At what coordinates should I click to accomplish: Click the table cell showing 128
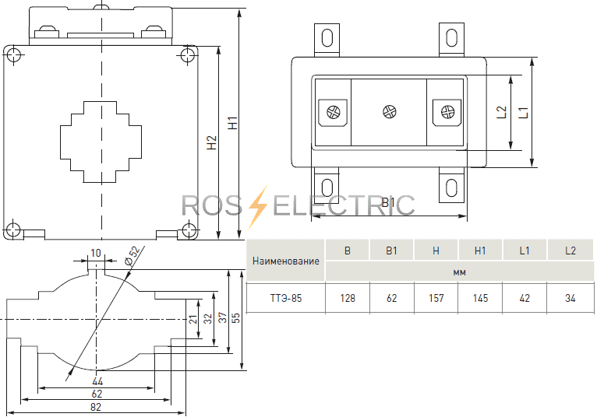click(x=348, y=298)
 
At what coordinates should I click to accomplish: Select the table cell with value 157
click(x=436, y=298)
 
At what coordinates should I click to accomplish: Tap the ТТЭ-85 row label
click(x=286, y=298)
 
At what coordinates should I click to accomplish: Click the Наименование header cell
click(x=286, y=261)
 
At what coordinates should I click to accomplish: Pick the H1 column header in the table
click(x=480, y=251)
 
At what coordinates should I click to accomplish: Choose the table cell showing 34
click(x=571, y=298)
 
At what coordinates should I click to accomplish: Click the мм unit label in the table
click(x=459, y=272)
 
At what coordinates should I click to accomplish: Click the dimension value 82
click(x=96, y=408)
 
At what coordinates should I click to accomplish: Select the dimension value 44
click(x=97, y=383)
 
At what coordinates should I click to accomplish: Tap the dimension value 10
click(x=96, y=253)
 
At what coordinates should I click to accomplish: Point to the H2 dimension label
click(x=211, y=143)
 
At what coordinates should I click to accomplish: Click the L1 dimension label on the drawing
click(x=525, y=111)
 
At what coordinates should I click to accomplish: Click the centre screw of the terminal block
click(x=390, y=111)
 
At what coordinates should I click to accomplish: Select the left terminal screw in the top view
click(x=334, y=112)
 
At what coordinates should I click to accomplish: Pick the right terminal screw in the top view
click(x=447, y=112)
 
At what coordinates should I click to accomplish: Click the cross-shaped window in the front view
click(x=101, y=141)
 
